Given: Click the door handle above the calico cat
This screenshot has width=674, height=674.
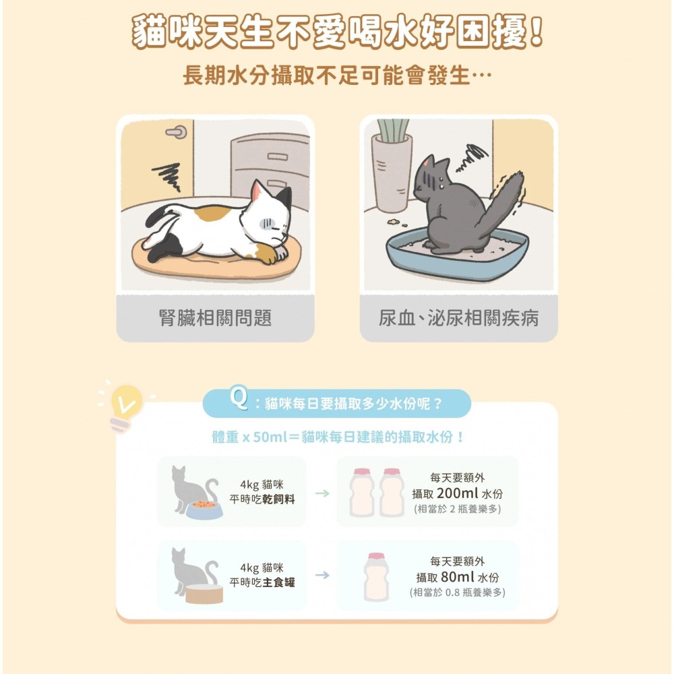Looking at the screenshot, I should [x=177, y=132].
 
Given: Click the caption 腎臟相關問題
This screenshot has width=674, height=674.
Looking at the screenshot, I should [x=215, y=318].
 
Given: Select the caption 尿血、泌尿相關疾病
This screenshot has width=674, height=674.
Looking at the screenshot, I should [x=458, y=318].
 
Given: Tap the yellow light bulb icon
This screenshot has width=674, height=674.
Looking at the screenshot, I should [x=126, y=402].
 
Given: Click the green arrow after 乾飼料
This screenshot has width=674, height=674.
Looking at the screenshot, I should [x=322, y=494].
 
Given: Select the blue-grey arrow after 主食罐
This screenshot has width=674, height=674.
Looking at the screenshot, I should [x=322, y=575].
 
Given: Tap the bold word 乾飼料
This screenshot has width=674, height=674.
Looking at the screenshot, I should [x=279, y=499].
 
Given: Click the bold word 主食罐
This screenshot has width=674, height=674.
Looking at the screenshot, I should [x=279, y=582].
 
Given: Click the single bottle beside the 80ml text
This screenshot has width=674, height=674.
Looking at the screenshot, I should [x=375, y=577].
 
